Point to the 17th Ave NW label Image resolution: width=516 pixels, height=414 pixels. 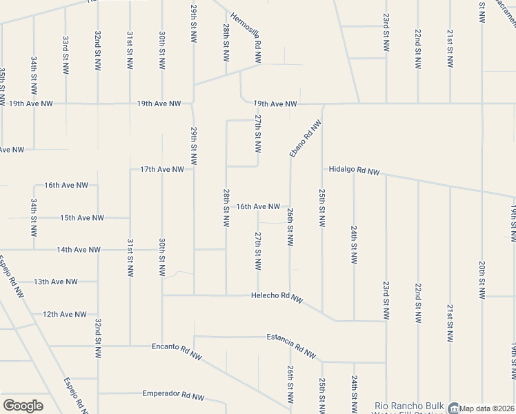pos(162,169)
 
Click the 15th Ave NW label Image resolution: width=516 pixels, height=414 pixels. pos(82,217)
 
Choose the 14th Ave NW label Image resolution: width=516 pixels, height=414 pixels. pos(79,249)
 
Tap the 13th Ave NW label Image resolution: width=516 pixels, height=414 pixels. pos(56,282)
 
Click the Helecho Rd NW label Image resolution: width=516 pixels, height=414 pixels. pos(277,297)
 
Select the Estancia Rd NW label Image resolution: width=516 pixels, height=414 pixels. pos(292,343)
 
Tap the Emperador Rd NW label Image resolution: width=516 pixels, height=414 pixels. pos(173,395)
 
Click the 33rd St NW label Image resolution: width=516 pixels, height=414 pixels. pos(65,55)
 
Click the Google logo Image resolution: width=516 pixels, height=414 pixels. pos(23,406)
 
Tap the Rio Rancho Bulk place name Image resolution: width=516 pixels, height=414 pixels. pos(408,406)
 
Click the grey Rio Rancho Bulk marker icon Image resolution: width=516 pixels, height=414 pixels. pos(453,407)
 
